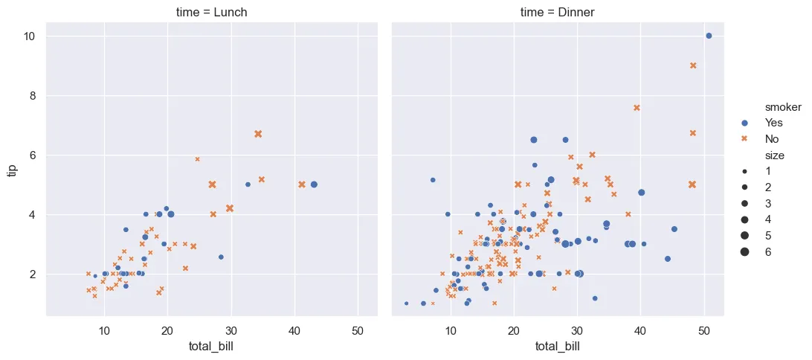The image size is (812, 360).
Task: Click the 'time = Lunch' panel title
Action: coord(211,12)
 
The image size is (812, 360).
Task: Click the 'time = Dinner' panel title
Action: coord(557,12)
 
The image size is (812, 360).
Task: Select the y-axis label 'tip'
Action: coord(13,170)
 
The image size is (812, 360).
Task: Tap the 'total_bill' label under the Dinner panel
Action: coord(557,347)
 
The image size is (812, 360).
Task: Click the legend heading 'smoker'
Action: coord(764,107)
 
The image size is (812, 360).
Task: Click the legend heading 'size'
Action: coord(758,155)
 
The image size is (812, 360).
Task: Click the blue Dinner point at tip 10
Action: coord(709,36)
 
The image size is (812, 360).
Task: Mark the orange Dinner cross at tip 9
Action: coord(693,65)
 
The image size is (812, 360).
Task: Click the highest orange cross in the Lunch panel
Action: coord(258,134)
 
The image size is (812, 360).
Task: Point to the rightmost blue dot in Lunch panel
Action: coord(314,184)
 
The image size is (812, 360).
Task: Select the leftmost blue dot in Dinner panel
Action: coord(406,303)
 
